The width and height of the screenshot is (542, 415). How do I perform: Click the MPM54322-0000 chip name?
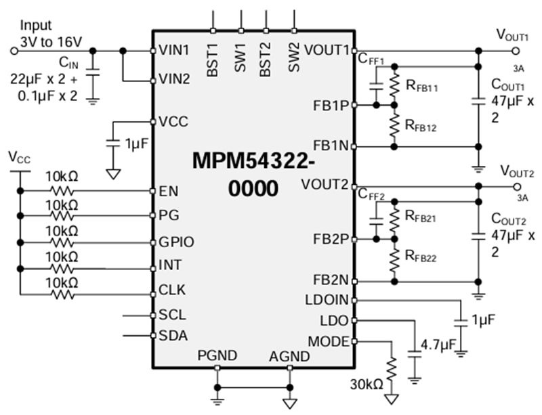tap(254, 173)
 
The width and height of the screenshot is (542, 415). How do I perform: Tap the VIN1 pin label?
tap(174, 50)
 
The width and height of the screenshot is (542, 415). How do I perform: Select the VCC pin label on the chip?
tap(173, 122)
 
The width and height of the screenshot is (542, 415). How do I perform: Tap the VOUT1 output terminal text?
tap(512, 35)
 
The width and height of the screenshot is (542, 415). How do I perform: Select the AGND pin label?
tap(289, 356)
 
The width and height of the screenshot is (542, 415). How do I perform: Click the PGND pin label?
tap(217, 356)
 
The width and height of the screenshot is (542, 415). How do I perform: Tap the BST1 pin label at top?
tap(213, 60)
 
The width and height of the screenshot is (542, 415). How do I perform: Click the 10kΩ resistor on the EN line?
tap(62, 192)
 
